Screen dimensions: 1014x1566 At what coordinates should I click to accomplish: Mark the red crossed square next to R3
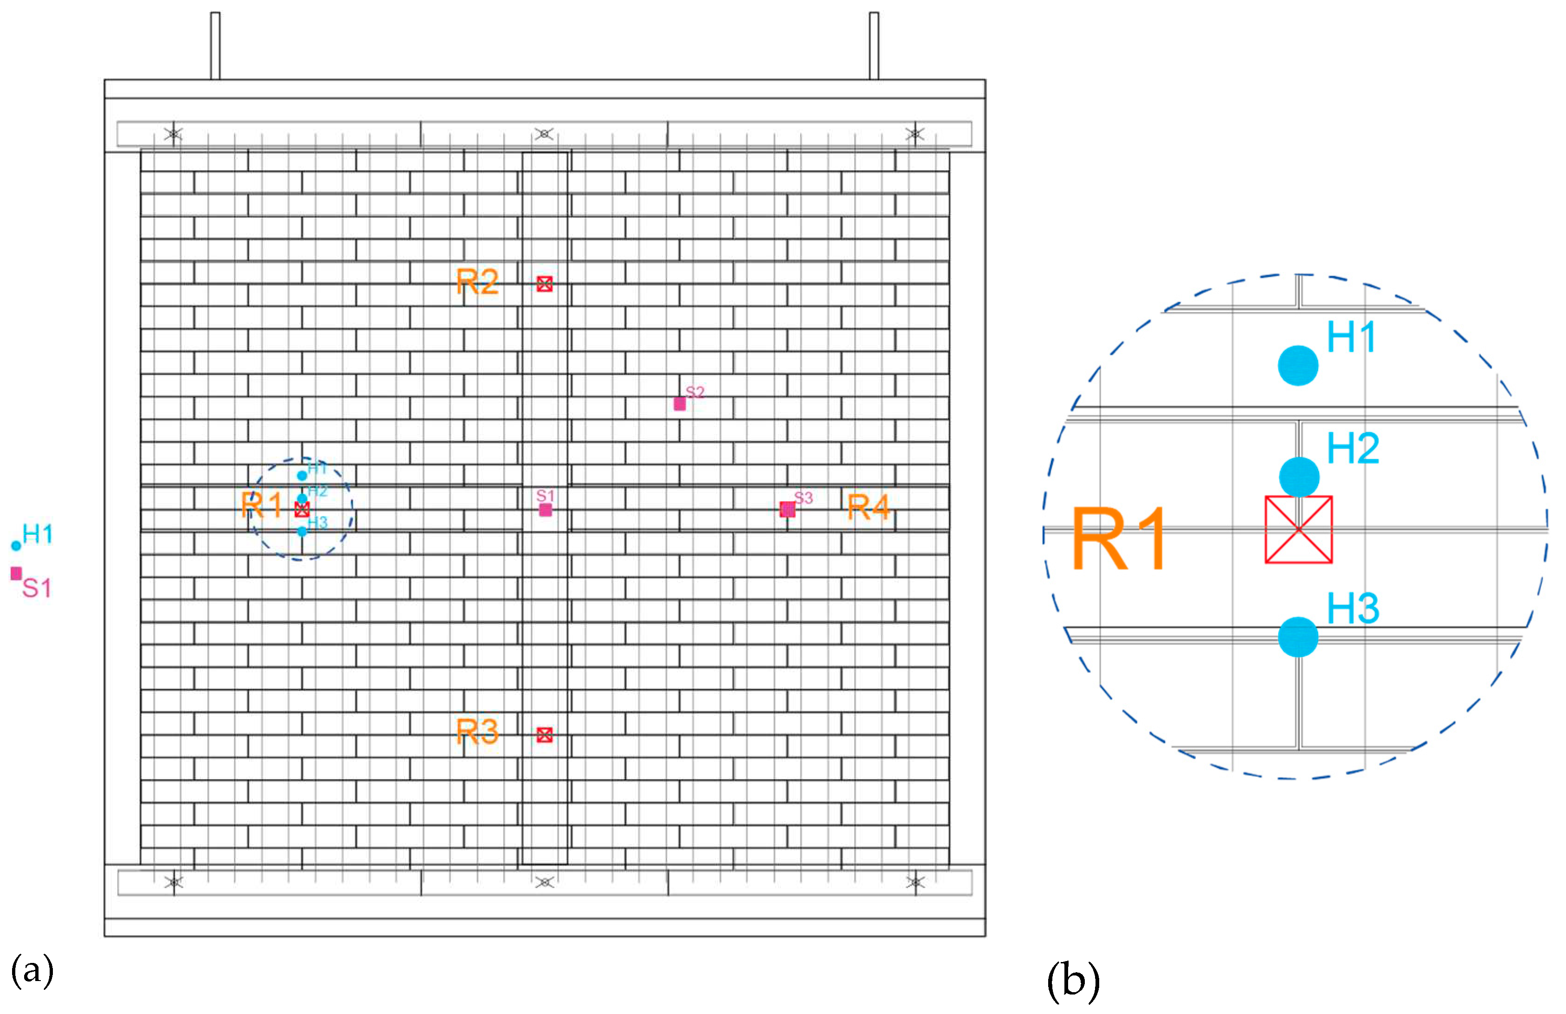(x=545, y=735)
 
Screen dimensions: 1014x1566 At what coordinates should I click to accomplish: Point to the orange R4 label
(x=869, y=507)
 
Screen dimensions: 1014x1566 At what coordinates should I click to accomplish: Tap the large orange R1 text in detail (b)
(x=1119, y=539)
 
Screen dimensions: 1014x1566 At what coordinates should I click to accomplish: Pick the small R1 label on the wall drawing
(x=262, y=506)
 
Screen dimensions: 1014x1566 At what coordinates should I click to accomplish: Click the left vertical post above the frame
(x=215, y=45)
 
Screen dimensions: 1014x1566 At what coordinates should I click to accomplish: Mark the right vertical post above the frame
(x=874, y=45)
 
